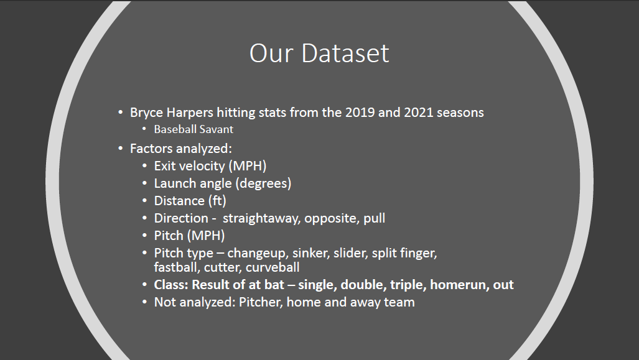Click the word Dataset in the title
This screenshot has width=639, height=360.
(x=345, y=53)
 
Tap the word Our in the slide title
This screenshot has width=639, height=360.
(x=271, y=53)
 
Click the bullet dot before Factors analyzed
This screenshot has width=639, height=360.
(x=121, y=148)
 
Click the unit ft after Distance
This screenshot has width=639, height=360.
(x=217, y=201)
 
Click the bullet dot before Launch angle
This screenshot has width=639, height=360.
(x=144, y=183)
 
